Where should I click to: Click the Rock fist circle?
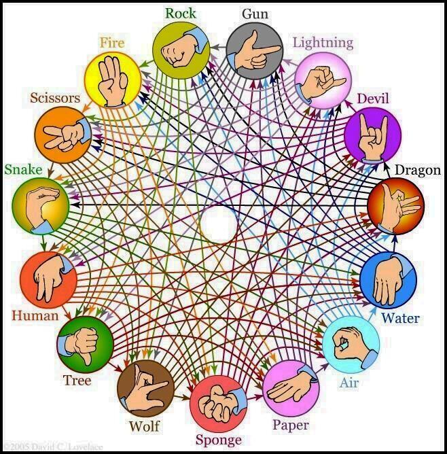tap(181, 50)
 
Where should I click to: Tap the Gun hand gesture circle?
tap(254, 50)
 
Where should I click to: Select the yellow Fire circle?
tap(113, 80)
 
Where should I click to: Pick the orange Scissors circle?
tap(63, 135)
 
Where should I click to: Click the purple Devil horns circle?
tap(373, 135)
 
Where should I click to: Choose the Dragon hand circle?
tap(396, 206)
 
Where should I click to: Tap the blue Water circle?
tap(389, 280)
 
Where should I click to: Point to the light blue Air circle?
tap(351, 345)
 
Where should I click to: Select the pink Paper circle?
tap(291, 388)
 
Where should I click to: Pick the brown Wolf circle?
tap(146, 389)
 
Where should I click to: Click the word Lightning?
tap(323, 43)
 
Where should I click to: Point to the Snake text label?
tap(23, 169)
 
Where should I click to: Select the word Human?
tap(35, 315)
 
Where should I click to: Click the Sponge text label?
tap(219, 440)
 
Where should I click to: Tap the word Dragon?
tap(418, 170)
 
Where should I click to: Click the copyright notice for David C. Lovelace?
tap(54, 446)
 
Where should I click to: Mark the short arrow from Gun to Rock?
tap(218, 46)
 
